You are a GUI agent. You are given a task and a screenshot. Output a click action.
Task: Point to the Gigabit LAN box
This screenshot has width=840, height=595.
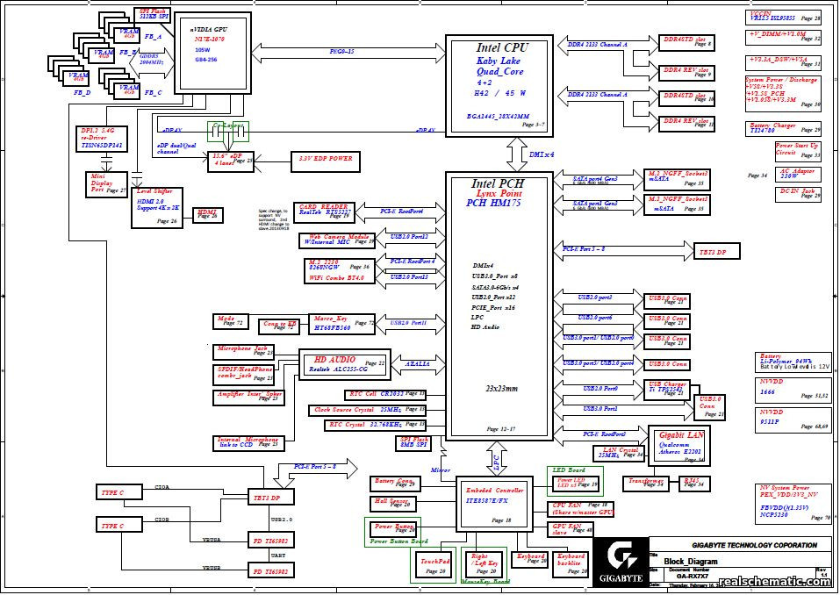pos(678,444)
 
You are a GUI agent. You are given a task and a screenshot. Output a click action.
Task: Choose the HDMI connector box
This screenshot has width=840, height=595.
pos(208,213)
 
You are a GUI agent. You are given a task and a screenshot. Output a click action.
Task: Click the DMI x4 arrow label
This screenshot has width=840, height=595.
pos(542,154)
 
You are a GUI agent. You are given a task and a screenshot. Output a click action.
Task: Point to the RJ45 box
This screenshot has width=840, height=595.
pos(693,482)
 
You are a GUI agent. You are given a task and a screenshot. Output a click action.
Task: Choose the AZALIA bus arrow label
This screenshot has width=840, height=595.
pos(416,363)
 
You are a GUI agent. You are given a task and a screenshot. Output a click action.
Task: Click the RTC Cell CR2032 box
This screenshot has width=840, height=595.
pos(376,394)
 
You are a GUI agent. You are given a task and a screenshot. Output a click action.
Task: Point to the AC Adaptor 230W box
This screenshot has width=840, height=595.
pos(796,174)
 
